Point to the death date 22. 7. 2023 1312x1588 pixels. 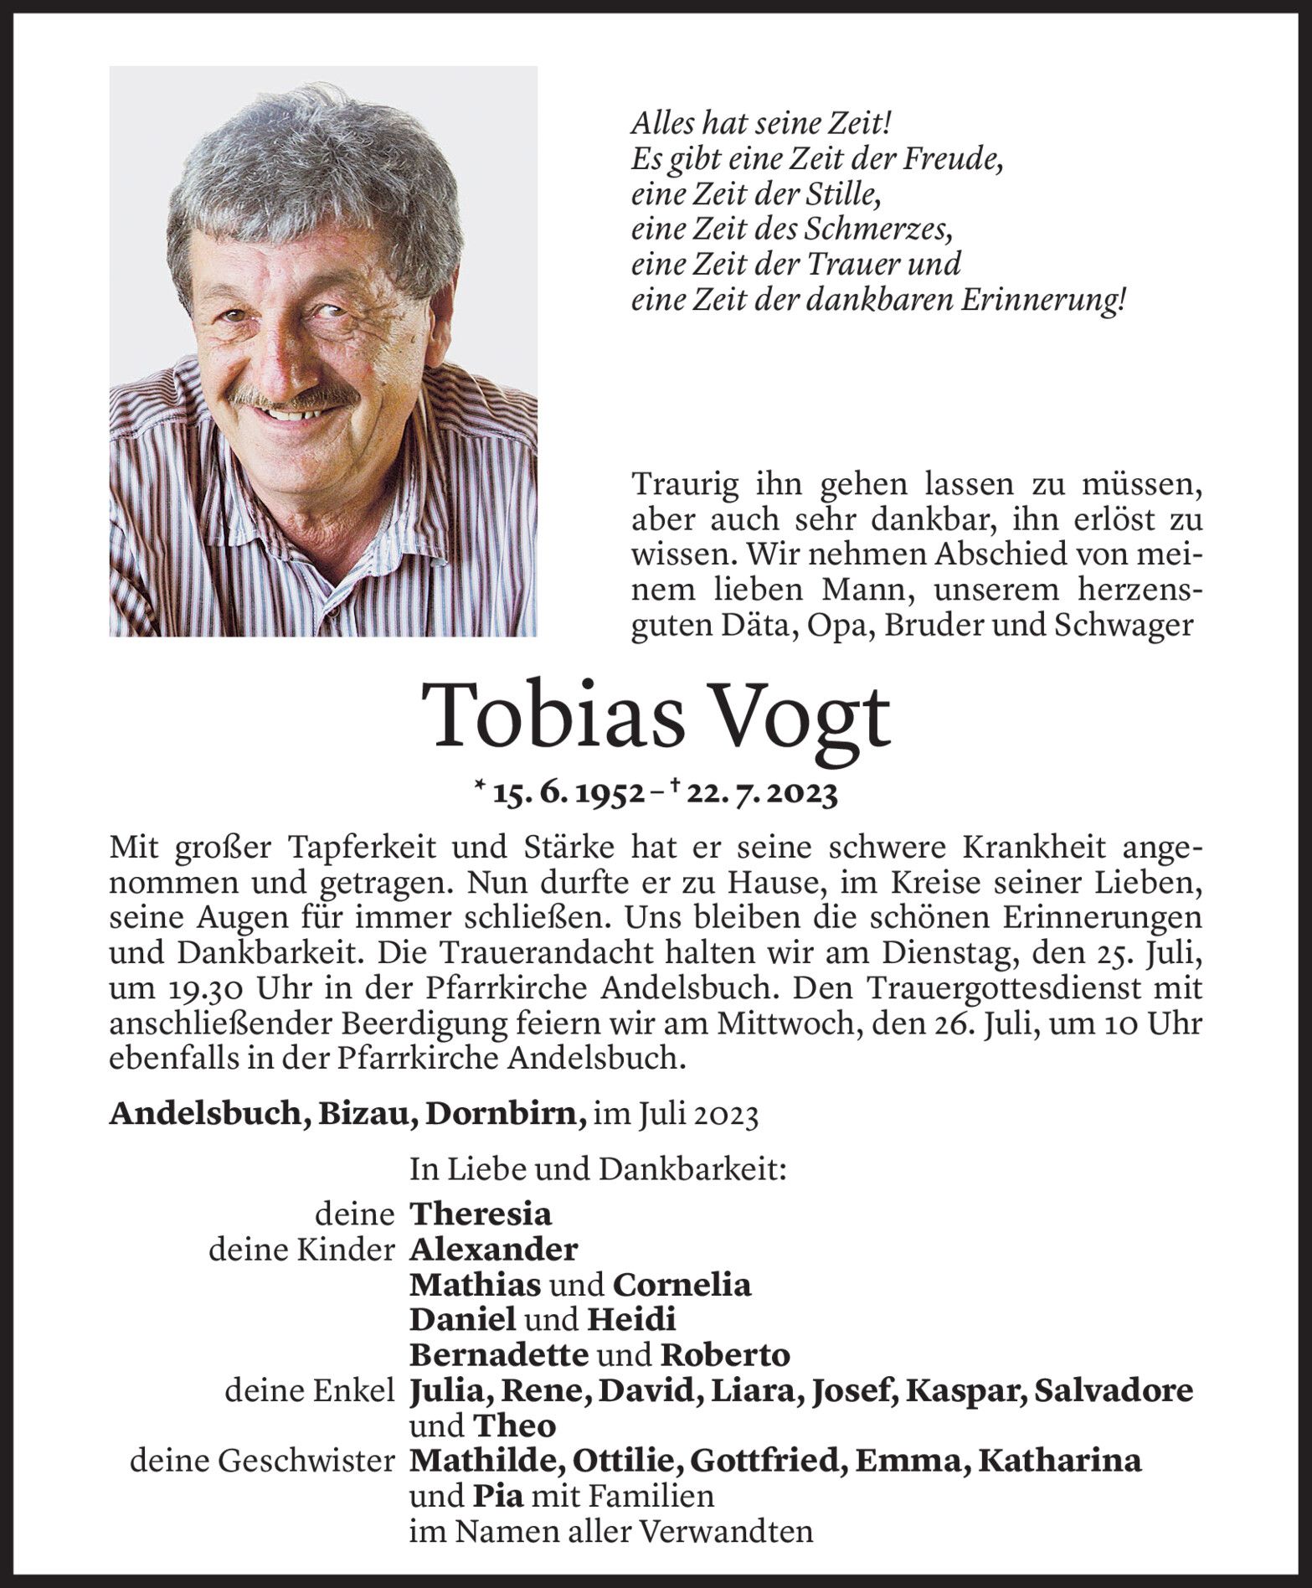point(762,793)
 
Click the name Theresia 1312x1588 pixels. point(480,1214)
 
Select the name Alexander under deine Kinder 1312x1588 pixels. point(493,1249)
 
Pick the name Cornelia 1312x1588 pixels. point(681,1284)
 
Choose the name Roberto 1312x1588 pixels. point(725,1354)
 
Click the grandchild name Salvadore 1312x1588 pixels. point(1114,1390)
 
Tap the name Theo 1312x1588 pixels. point(514,1426)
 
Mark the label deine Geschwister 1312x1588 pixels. point(262,1461)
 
